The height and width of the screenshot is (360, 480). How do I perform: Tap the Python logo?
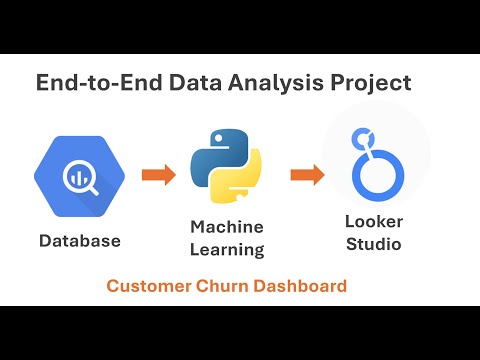[226, 174]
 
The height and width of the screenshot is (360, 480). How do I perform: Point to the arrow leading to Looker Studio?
[304, 176]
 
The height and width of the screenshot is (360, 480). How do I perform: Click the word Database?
[80, 241]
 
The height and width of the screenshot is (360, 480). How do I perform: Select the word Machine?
[226, 228]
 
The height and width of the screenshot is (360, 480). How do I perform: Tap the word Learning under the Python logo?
[226, 250]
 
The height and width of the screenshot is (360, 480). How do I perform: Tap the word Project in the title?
[376, 82]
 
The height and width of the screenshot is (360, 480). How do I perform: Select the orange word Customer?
[147, 286]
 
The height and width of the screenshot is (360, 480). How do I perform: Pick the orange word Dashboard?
[298, 286]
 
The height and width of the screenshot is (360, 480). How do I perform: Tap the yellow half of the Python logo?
[238, 188]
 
